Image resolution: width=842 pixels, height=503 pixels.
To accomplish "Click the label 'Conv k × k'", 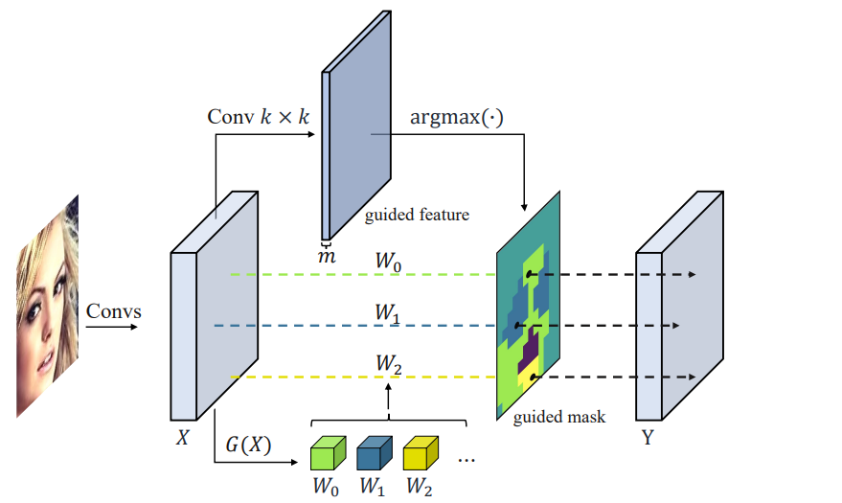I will click(x=259, y=117).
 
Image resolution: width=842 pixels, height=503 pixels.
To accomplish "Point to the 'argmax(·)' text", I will click(x=456, y=117).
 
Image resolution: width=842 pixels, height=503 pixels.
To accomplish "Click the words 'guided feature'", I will click(x=417, y=215).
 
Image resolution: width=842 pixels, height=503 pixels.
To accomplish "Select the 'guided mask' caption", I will click(x=559, y=417).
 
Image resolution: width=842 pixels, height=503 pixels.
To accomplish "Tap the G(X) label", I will click(x=248, y=443).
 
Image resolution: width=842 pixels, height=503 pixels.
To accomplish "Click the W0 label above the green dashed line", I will click(x=388, y=259).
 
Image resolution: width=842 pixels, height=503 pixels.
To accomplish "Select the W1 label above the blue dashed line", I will click(x=388, y=311).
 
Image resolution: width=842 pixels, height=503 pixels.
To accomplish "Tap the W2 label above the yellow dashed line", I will click(x=388, y=364).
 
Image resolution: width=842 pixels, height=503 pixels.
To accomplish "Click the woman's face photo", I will click(x=47, y=307).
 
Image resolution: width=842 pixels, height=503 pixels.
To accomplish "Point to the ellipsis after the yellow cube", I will click(x=467, y=460).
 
